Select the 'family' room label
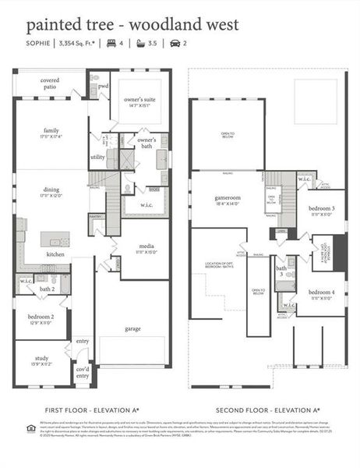tap(51, 132)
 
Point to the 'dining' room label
tap(51, 190)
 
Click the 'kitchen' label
tap(55, 255)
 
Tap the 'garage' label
tap(133, 328)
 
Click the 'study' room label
tap(41, 360)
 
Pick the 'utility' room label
tap(97, 157)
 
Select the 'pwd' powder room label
tap(103, 86)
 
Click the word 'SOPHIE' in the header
tap(39, 44)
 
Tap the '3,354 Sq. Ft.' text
tap(80, 44)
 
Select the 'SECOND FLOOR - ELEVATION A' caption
tap(267, 409)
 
